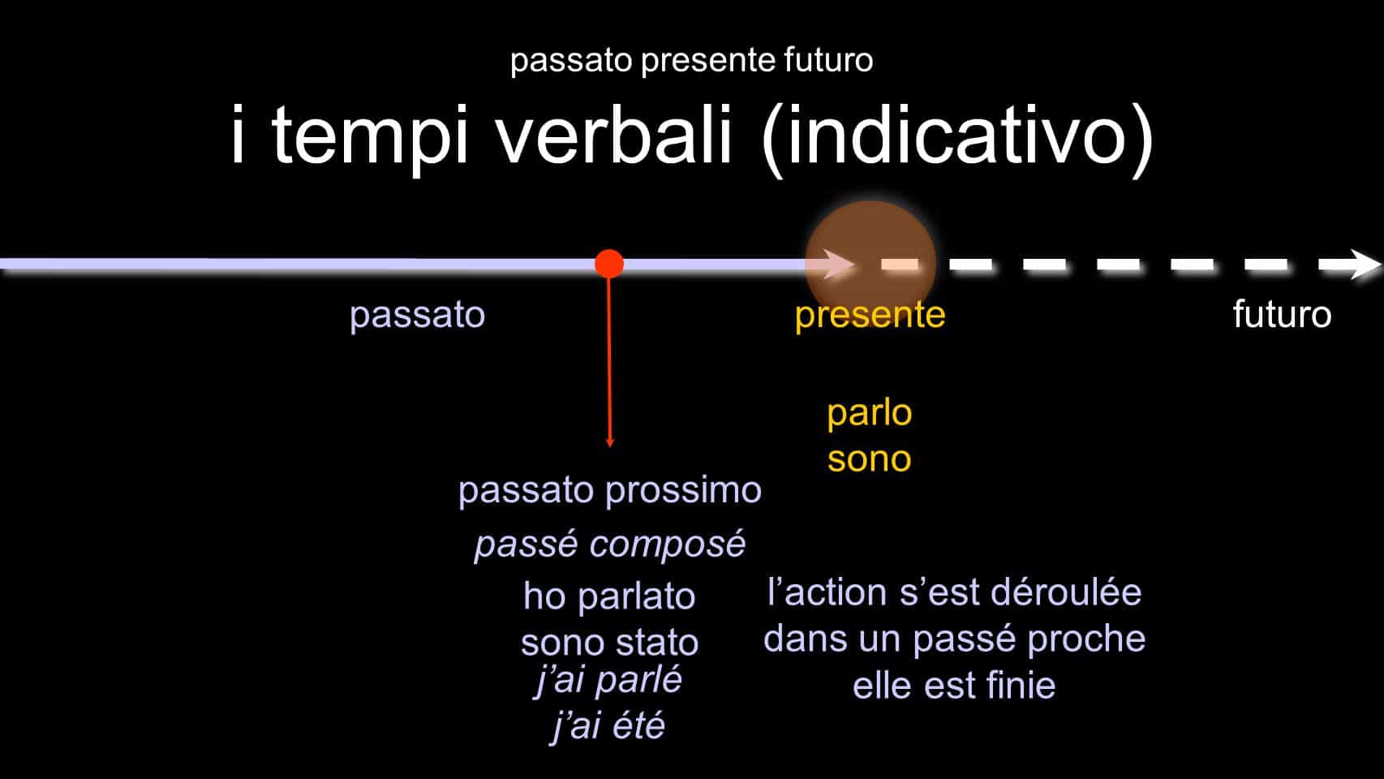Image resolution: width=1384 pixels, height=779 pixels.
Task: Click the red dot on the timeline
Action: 609,264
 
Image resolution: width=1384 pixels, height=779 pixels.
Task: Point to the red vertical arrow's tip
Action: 610,445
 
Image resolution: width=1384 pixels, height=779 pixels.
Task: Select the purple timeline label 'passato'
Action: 418,315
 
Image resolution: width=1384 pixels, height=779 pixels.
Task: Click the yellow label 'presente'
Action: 870,315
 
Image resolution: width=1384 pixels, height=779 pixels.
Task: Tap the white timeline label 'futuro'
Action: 1282,314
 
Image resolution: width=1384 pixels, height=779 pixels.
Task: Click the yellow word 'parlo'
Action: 870,413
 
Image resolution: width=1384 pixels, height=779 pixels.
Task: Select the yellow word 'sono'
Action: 870,459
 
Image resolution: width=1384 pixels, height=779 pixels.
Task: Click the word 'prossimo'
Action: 684,491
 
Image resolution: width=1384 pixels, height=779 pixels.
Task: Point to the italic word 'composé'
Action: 668,544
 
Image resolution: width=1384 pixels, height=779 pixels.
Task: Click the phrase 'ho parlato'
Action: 609,596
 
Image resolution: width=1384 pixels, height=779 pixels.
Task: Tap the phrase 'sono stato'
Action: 609,643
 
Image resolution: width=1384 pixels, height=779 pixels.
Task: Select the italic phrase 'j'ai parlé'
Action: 608,680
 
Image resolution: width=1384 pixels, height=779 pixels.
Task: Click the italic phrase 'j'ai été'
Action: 608,725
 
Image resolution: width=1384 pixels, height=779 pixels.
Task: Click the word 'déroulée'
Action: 1067,592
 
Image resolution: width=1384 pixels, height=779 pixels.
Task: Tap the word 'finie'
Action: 1021,686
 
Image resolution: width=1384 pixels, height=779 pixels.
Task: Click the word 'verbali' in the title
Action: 615,134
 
